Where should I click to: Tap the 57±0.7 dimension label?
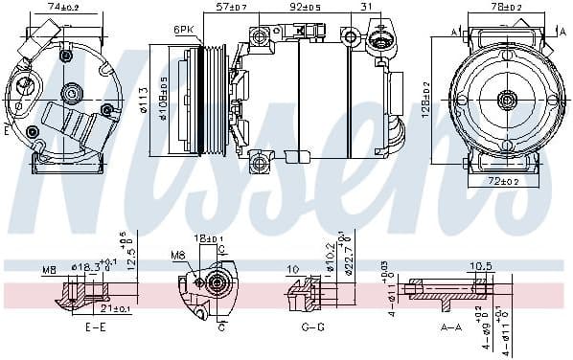tap(231, 8)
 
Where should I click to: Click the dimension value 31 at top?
tap(366, 8)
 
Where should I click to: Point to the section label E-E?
tap(96, 327)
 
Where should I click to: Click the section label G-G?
tap(311, 327)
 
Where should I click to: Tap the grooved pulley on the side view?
tap(208, 99)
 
